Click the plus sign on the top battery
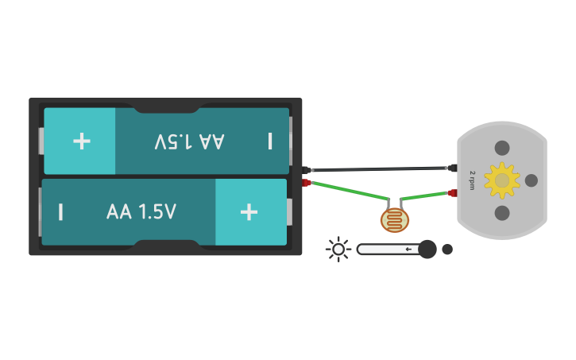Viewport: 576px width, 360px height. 81,141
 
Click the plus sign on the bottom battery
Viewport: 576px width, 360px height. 249,211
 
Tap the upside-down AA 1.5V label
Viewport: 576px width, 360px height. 190,141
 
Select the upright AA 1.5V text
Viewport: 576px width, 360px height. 141,212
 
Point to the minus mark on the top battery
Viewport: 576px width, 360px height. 270,141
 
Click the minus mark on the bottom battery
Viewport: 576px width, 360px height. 60,212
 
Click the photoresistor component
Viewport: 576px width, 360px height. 395,219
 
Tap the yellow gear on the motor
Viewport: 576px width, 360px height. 501,180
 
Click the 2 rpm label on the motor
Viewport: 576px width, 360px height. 473,180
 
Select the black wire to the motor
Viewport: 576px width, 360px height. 381,169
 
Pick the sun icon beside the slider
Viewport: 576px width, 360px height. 338,250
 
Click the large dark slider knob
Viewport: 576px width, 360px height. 427,250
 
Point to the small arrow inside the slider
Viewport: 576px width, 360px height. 408,250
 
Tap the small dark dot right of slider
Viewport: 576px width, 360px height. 447,250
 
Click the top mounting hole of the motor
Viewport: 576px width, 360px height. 502,148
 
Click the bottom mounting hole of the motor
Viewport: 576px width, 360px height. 502,213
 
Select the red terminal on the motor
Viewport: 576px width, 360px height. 453,193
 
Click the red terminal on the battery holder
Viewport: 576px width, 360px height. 307,183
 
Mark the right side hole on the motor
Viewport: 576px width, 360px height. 532,180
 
